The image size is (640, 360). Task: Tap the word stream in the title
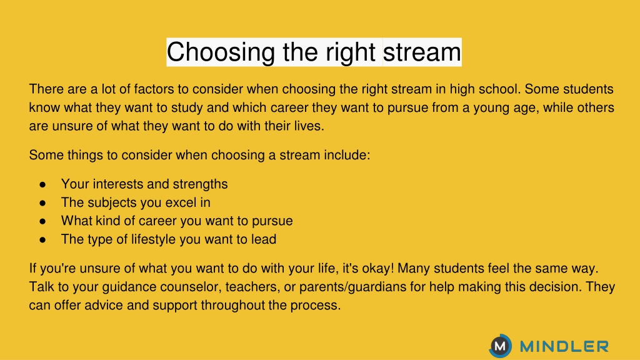click(x=422, y=52)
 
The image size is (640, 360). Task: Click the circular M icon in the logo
click(x=500, y=346)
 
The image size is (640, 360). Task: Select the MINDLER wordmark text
click(x=564, y=346)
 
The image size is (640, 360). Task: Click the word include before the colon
click(x=346, y=155)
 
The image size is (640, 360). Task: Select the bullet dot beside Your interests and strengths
click(x=42, y=184)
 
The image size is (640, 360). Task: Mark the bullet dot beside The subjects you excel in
click(x=42, y=203)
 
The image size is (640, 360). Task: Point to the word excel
click(x=181, y=202)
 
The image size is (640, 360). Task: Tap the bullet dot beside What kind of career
click(x=42, y=221)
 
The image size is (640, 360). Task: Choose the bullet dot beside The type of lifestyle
click(x=42, y=239)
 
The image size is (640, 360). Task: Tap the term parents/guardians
click(x=352, y=287)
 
